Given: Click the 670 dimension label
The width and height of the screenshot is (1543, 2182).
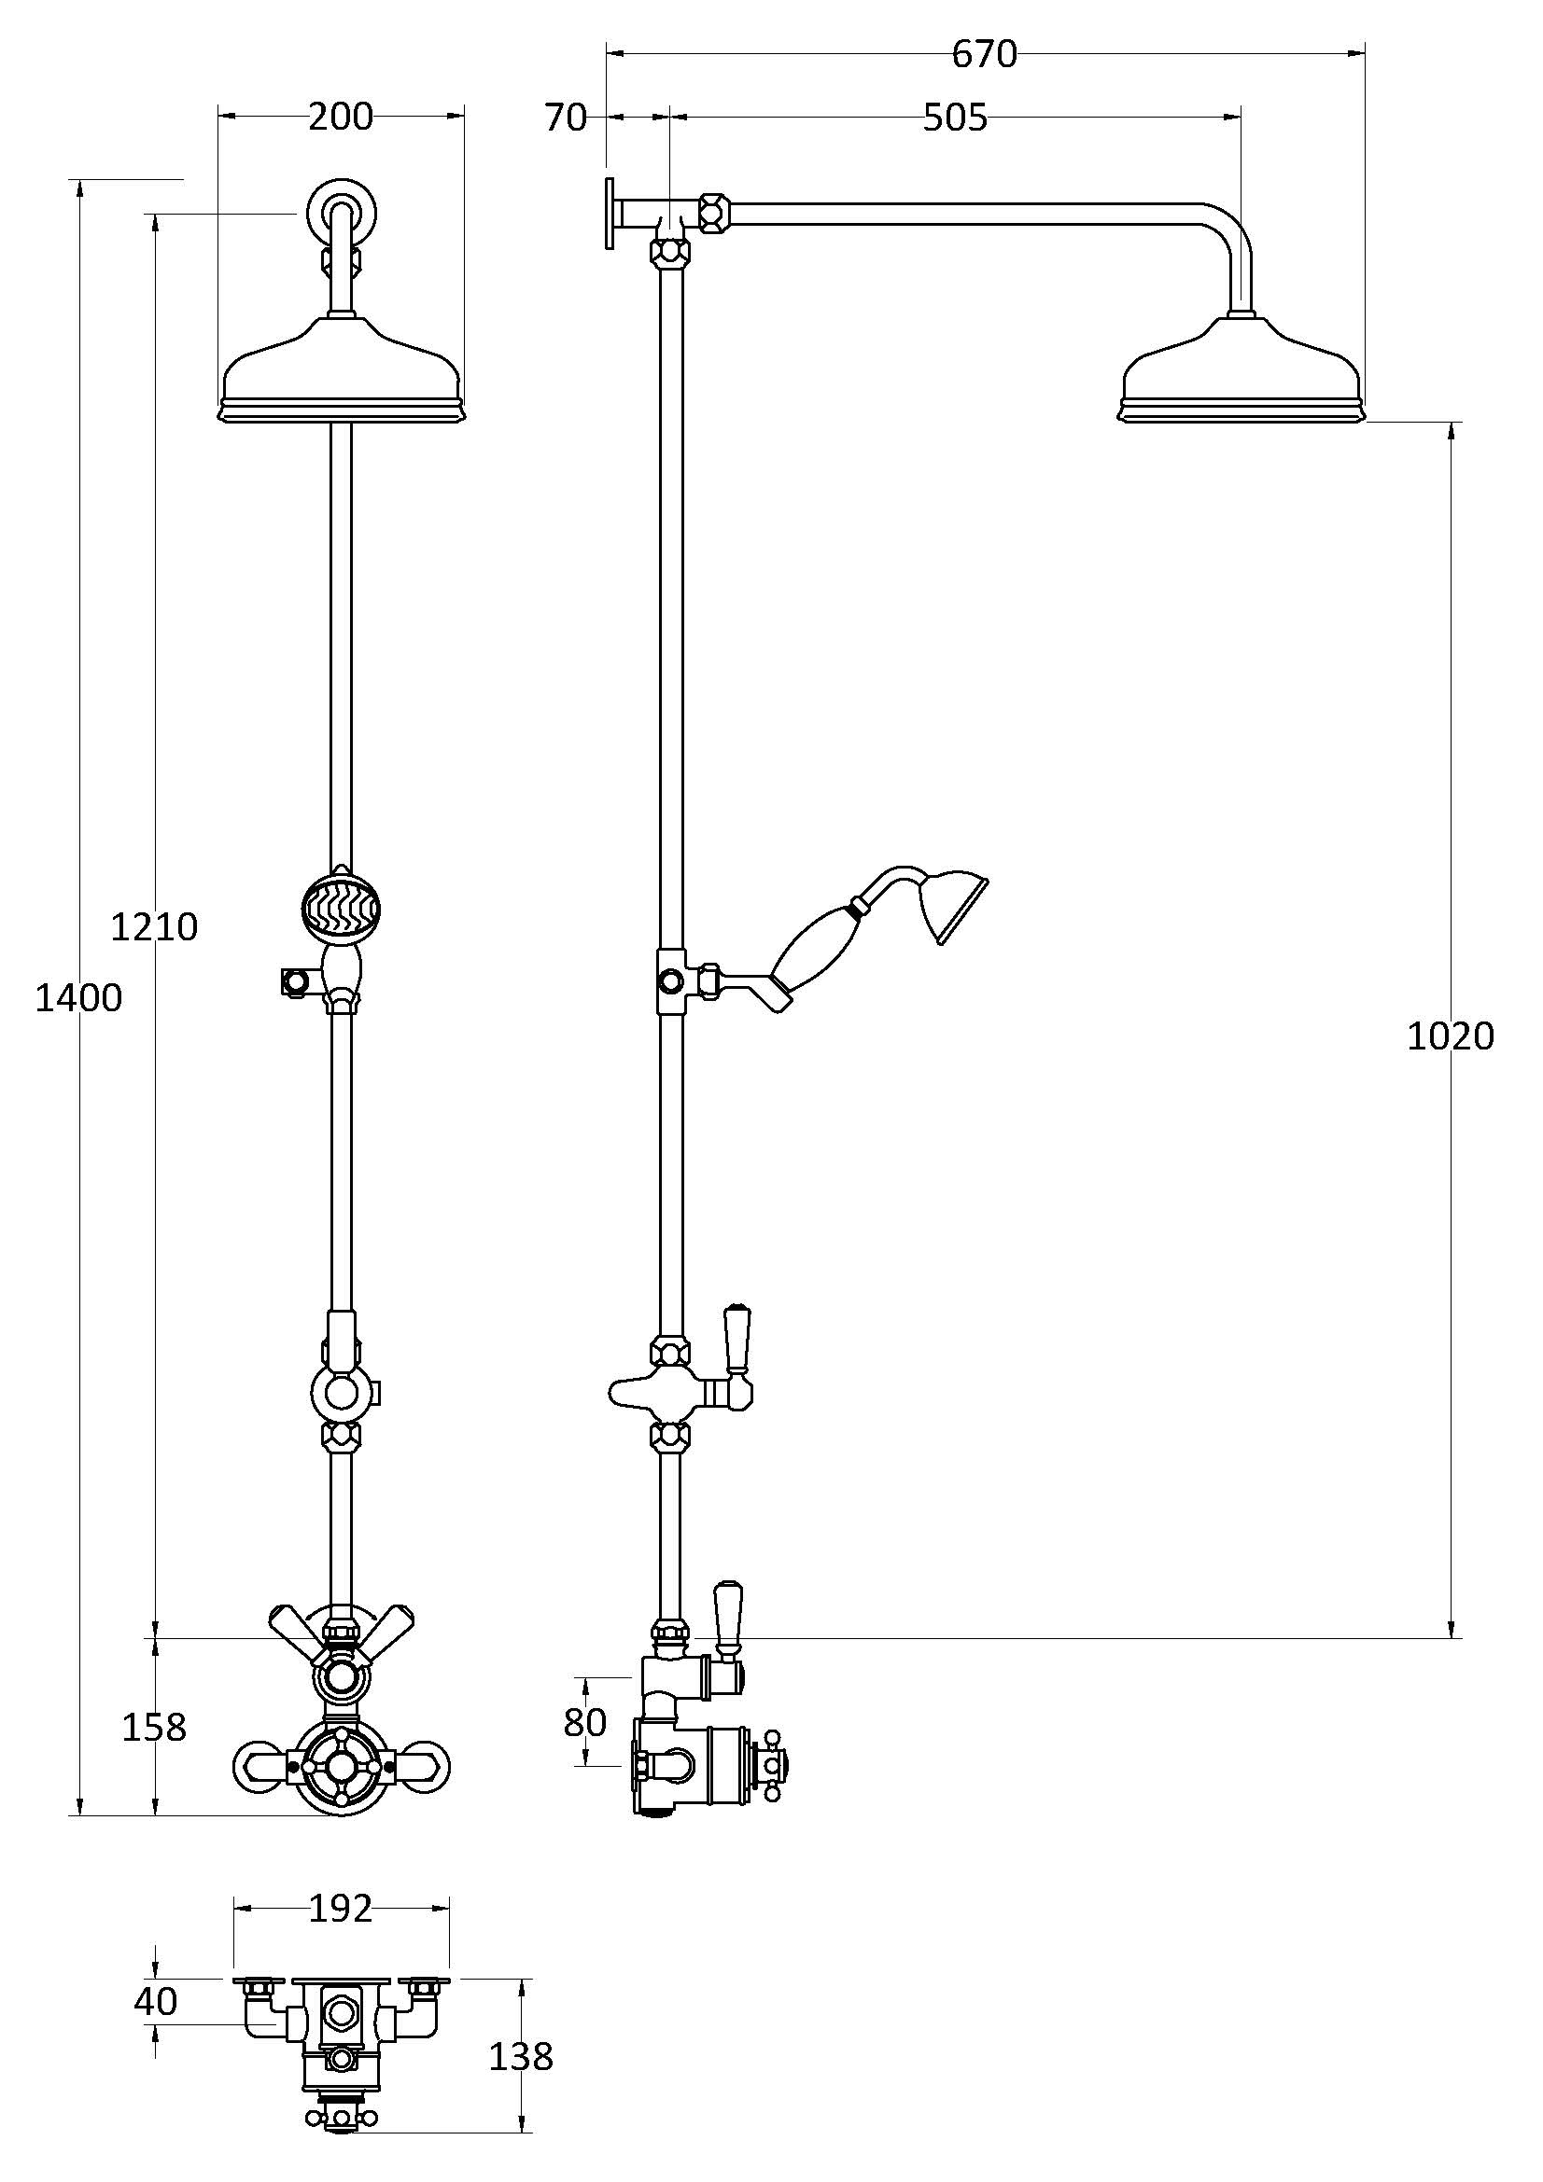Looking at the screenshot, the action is coord(984,54).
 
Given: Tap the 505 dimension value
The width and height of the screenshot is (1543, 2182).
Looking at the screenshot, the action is coord(956,118).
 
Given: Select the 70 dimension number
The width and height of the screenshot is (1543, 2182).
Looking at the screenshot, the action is coord(566,118).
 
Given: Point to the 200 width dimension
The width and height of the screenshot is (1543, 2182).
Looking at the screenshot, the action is coord(342,117).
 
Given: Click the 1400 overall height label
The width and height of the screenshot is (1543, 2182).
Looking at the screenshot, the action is coord(79,998).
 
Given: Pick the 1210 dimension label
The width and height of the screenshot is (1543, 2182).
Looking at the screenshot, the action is coord(154,925).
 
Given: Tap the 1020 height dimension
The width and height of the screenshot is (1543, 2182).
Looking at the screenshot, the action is coord(1451,1035).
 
